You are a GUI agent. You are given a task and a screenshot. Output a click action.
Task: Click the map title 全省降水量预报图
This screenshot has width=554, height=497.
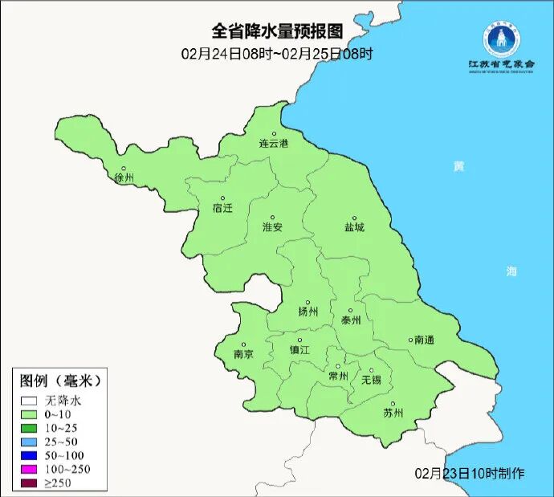point(277,31)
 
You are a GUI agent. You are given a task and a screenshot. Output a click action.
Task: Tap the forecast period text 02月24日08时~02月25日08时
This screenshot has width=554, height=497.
point(277,54)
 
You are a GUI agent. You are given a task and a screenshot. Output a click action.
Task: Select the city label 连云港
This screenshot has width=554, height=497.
point(273,144)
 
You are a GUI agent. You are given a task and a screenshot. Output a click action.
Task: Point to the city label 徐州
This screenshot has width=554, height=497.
point(124,177)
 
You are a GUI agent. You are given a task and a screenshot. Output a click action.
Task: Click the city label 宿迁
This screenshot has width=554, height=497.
point(222,208)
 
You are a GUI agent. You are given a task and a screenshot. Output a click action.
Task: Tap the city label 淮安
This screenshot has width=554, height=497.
point(272,227)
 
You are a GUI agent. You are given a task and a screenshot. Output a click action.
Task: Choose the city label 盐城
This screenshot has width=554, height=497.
point(354,227)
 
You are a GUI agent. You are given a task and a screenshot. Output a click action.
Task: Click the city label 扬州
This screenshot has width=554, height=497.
point(308,312)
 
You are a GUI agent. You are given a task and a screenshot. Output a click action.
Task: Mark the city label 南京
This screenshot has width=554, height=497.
point(243,354)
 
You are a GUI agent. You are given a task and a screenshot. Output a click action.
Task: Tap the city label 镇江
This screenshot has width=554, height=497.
point(299,350)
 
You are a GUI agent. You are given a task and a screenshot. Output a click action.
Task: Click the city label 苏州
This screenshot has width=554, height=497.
point(393,413)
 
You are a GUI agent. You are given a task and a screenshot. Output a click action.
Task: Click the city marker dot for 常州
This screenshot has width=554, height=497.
point(339,366)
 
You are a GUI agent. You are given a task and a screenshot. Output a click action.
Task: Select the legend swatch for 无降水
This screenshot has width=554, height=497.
point(30,399)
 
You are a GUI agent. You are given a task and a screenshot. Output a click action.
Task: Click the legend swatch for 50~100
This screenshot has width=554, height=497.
point(30,455)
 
